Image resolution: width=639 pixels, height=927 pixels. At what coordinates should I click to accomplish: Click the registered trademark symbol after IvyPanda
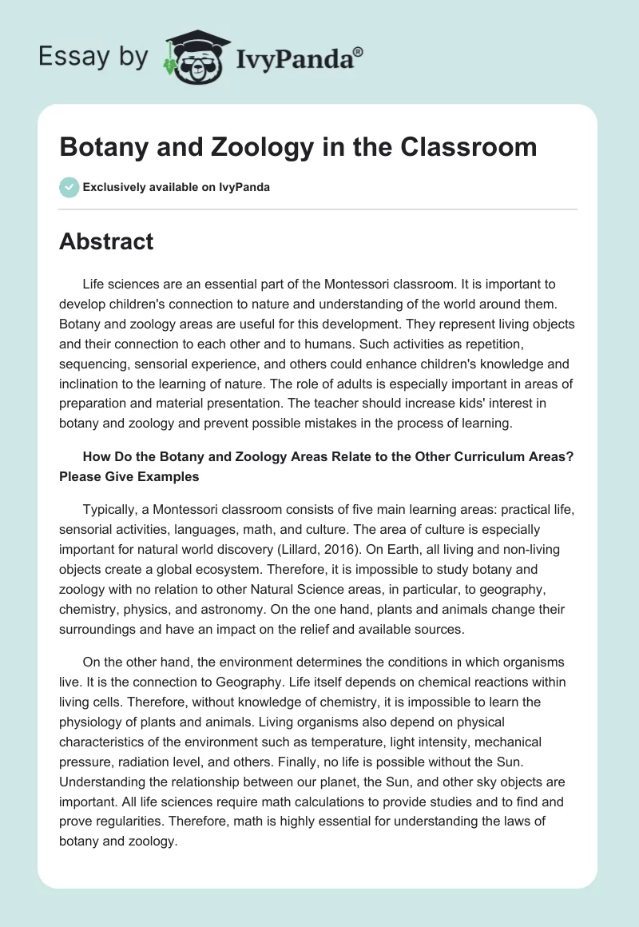[x=358, y=51]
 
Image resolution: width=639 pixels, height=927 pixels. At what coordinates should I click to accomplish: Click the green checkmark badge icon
[x=69, y=187]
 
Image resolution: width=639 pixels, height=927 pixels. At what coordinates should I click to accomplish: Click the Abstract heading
[x=106, y=241]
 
